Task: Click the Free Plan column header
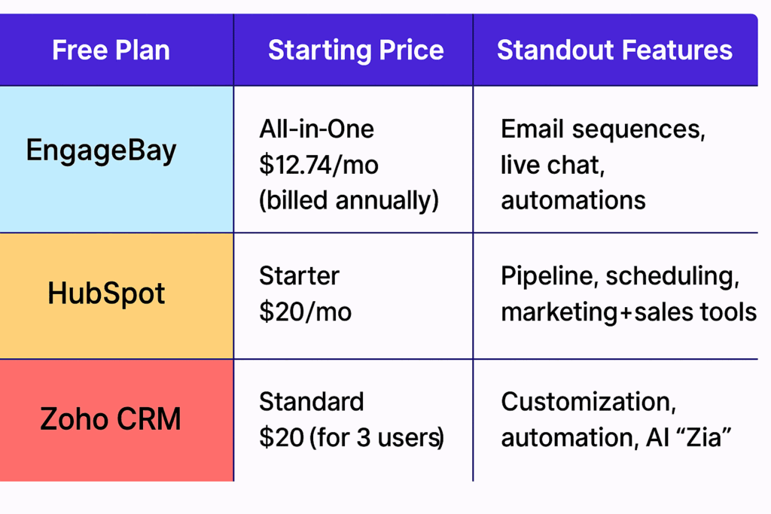pos(111,50)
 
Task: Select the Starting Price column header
pos(355,50)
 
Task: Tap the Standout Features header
pos(614,50)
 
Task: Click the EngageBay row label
pos(102,150)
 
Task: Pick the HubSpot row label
pos(106,293)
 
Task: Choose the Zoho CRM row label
pos(111,418)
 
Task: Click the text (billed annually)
pos(349,201)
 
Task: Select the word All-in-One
pos(316,129)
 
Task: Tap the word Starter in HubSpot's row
pos(300,275)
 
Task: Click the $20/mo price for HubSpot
pos(305,312)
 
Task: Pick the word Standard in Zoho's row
pos(312,401)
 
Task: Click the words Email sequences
pos(602,129)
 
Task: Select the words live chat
pos(552,165)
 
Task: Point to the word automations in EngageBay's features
pos(573,200)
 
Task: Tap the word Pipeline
pos(549,275)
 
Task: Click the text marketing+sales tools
pos(629,312)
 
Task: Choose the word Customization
pos(588,401)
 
